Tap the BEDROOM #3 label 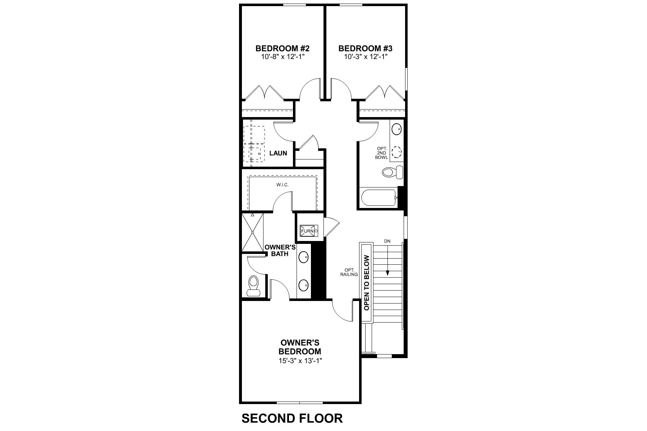(365, 48)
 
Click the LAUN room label (278, 153)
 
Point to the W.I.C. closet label (283, 185)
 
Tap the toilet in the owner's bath (254, 285)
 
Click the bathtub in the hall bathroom (378, 198)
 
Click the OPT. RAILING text (351, 272)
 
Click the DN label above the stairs (387, 241)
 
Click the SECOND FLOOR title (292, 418)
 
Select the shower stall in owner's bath (252, 232)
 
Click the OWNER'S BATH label (280, 250)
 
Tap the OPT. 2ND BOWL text (381, 153)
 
